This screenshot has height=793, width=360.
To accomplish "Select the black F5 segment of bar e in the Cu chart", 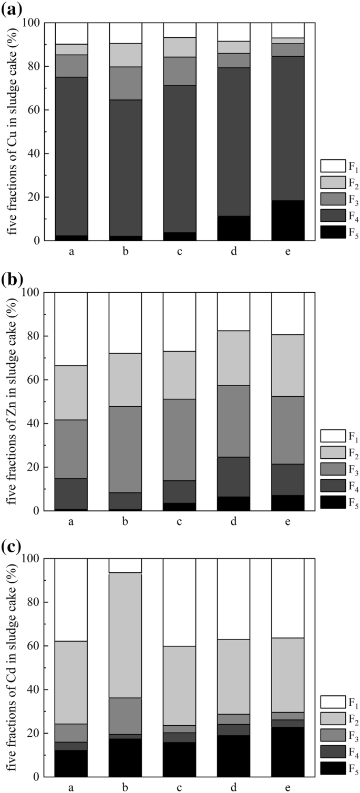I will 287,221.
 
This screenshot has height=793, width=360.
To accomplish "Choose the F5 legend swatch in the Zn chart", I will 333,502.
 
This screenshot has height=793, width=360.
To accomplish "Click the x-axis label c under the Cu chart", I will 179,251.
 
